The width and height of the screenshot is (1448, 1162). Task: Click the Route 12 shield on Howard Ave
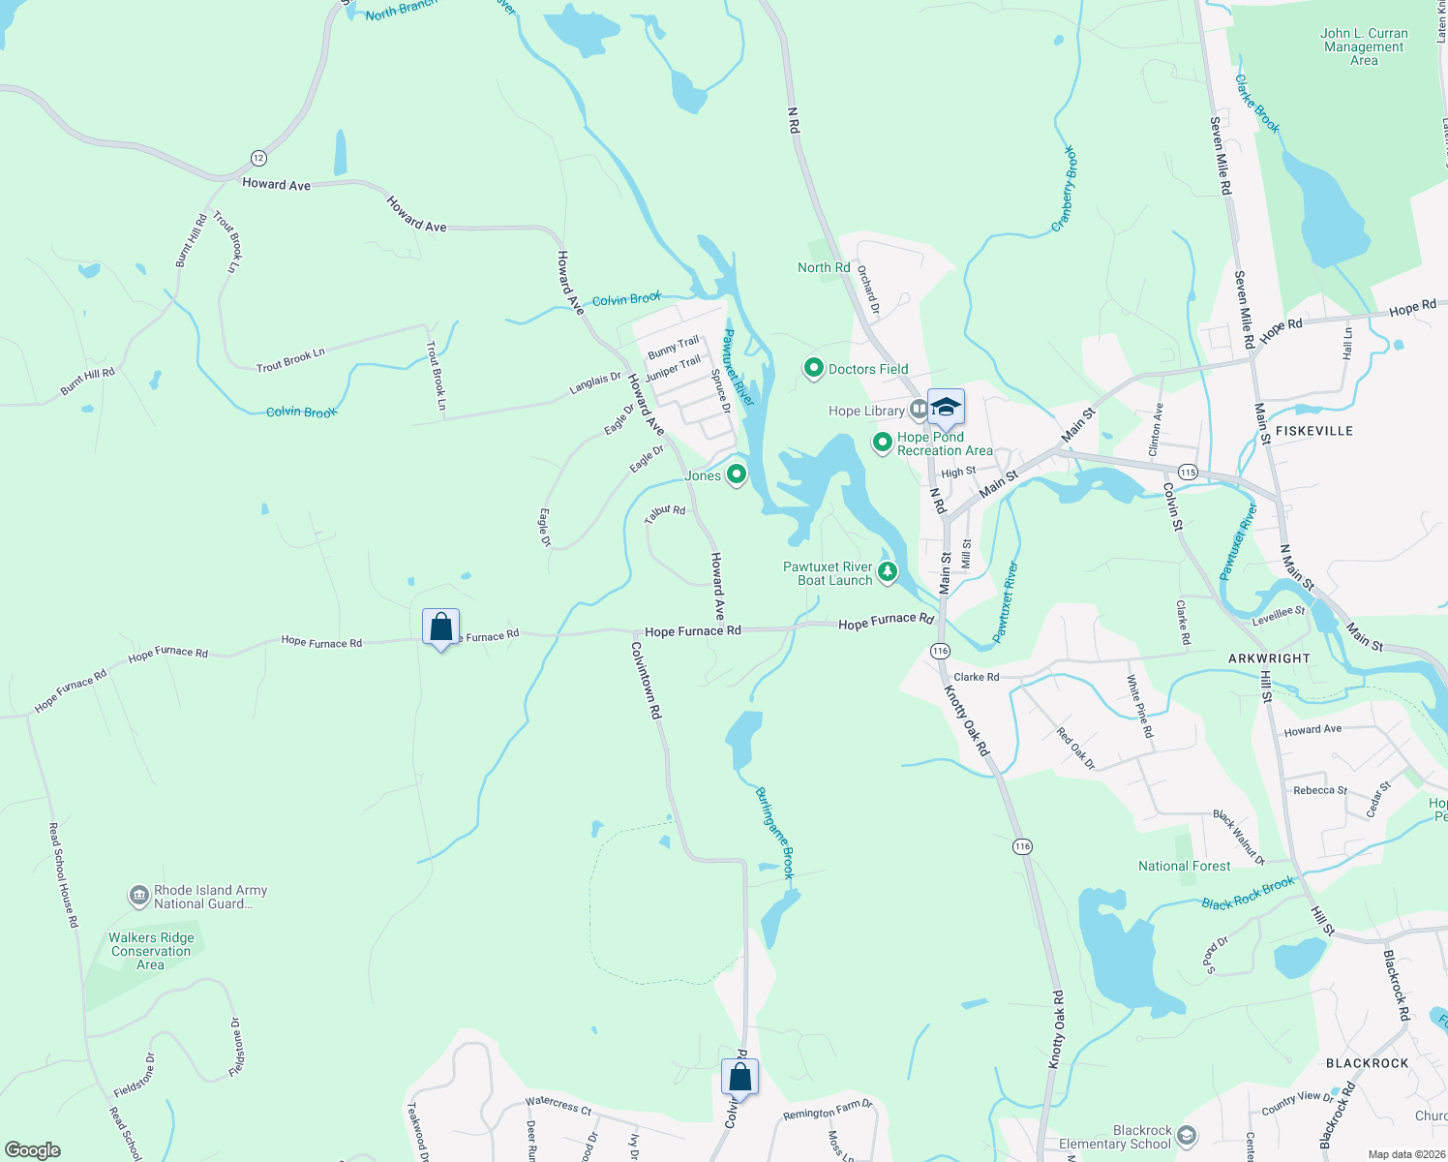(x=257, y=158)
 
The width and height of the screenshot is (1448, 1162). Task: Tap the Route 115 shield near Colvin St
(x=1189, y=473)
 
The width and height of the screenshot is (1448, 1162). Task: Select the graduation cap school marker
(x=946, y=408)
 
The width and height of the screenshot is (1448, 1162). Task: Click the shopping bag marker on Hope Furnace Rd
(x=441, y=627)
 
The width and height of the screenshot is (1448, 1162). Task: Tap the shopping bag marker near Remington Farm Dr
(x=739, y=1078)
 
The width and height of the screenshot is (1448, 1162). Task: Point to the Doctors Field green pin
(x=814, y=368)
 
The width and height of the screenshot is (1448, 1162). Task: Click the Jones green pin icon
(x=737, y=474)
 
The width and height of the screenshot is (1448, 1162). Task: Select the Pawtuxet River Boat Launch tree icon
(x=888, y=573)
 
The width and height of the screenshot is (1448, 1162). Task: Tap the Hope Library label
(x=866, y=411)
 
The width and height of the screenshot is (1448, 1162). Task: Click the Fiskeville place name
(x=1313, y=431)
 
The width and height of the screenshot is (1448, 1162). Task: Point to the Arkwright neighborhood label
(x=1269, y=658)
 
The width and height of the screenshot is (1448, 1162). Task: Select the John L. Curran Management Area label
(x=1364, y=46)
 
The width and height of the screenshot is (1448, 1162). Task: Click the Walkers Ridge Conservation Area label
(x=151, y=951)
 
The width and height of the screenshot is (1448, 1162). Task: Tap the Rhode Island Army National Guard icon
(x=139, y=896)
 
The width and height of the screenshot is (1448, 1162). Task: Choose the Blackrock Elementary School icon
(x=1188, y=1136)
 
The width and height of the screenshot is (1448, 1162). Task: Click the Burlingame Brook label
(x=775, y=832)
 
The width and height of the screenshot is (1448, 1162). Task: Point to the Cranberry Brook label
(x=1066, y=189)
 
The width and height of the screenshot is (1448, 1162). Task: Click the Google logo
(x=33, y=1150)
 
